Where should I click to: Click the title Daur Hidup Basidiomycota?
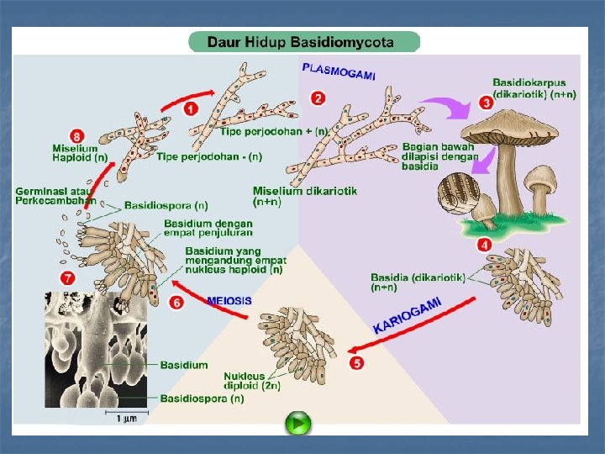click(302, 41)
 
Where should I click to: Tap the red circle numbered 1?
click(192, 108)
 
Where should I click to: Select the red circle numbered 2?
click(317, 98)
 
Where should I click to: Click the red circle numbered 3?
click(486, 103)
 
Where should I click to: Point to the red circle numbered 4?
click(484, 245)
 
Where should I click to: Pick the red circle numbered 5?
click(356, 364)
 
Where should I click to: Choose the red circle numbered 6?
click(176, 303)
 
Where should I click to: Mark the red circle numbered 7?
click(67, 277)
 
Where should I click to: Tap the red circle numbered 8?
click(77, 135)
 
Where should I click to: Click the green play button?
click(297, 423)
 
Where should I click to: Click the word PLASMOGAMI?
click(339, 70)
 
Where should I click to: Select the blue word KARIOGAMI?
click(408, 314)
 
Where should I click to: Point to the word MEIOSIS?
click(229, 301)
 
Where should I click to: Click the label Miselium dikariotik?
click(304, 196)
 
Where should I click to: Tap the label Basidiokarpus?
click(529, 82)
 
